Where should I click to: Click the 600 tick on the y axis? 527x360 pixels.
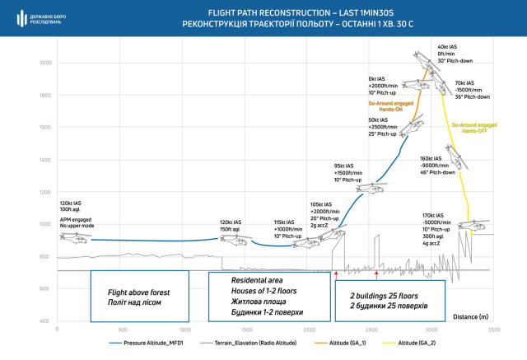pos(45,288)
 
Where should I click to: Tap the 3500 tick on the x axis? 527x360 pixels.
pos(492,329)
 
